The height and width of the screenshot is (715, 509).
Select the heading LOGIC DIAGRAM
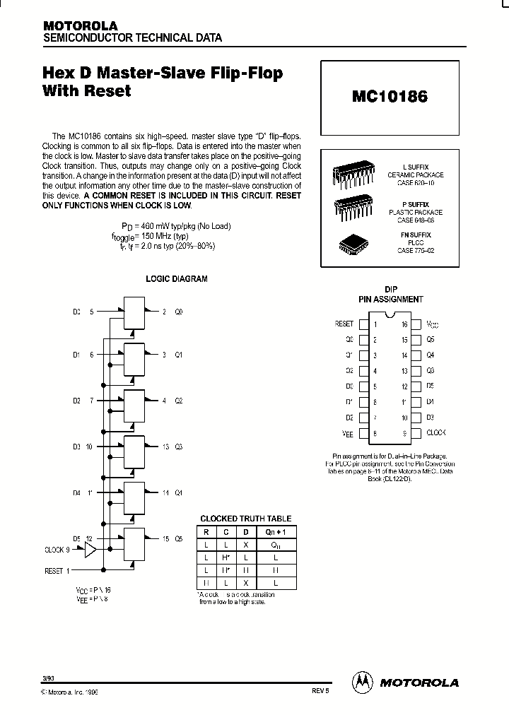[x=176, y=279]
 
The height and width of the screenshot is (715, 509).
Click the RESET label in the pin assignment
[x=344, y=324]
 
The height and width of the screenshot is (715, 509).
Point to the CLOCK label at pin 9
[x=436, y=432]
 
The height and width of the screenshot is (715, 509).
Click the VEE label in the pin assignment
[x=346, y=433]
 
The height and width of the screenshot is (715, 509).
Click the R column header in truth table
[x=206, y=532]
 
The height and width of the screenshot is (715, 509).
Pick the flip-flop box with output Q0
[x=134, y=312]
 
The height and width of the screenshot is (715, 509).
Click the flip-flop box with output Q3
[x=134, y=447]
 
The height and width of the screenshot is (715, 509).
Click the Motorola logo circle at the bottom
[x=362, y=682]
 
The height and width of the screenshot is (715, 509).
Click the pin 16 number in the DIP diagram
[x=404, y=324]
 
